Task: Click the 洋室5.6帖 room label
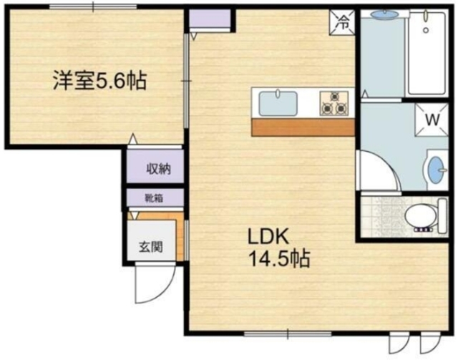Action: coord(98,81)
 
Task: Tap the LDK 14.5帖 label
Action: coord(278,247)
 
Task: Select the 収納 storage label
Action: coord(158,169)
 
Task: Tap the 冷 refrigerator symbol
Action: coord(343,21)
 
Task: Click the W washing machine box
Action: coord(432,120)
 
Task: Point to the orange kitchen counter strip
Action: coord(303,127)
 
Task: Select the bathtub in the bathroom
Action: coord(429,54)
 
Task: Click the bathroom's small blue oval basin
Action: coord(382,14)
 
